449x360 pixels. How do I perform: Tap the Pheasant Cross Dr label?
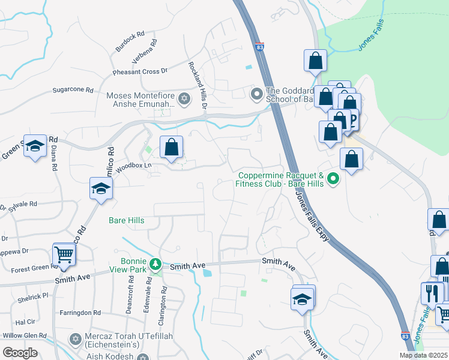(139, 72)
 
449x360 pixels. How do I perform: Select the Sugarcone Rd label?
(73, 90)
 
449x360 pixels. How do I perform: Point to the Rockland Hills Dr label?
(197, 85)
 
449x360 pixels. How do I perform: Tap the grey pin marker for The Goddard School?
(256, 94)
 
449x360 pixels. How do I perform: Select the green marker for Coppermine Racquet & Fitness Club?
(334, 179)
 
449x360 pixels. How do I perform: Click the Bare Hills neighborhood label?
(126, 221)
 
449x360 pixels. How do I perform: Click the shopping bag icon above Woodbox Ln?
(171, 146)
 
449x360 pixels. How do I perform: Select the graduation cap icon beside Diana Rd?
(35, 145)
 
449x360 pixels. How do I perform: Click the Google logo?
(20, 352)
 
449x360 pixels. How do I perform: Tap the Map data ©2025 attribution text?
(423, 355)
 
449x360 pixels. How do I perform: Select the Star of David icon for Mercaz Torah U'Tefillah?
(75, 340)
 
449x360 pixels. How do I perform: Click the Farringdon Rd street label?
(80, 313)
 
